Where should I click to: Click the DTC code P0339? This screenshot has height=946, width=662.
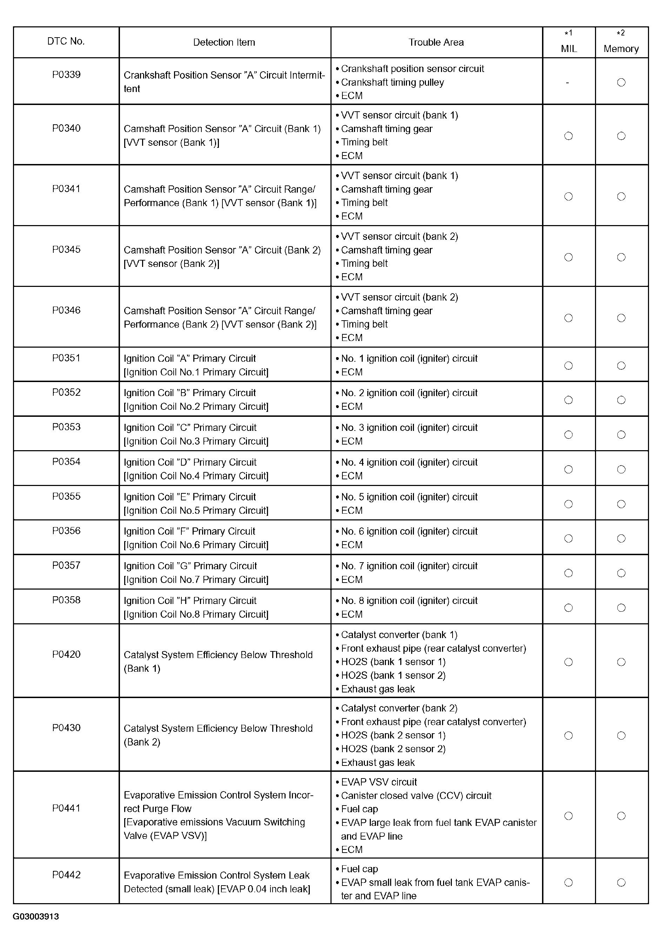(66, 74)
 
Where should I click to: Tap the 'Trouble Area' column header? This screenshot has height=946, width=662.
(436, 42)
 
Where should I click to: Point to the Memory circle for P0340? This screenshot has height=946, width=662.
(621, 136)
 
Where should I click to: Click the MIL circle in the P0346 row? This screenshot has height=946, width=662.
(569, 318)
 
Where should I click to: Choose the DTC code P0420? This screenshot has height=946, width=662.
(66, 654)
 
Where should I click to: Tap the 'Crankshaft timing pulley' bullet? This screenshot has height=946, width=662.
(392, 83)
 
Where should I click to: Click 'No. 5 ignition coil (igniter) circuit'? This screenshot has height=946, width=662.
(409, 497)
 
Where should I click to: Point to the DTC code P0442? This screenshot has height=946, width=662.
(66, 875)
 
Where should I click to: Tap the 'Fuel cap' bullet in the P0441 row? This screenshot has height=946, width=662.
(359, 809)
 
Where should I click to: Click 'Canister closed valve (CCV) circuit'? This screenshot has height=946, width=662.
(416, 796)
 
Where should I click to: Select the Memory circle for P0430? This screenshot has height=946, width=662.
(621, 735)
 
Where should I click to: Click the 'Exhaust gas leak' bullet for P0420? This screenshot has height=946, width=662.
(377, 689)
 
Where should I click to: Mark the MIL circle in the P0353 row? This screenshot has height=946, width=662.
(569, 435)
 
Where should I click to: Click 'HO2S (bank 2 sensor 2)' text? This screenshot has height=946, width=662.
(393, 749)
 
